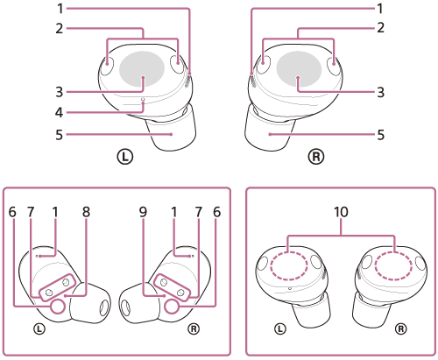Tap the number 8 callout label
point(86,211)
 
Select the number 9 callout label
point(143,211)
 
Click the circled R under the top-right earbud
point(315,158)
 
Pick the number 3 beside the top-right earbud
point(380,91)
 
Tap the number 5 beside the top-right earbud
point(380,135)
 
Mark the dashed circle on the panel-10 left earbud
point(290,265)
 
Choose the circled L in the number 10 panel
point(280,329)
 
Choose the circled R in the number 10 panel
point(400,329)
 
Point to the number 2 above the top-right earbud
point(380,28)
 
